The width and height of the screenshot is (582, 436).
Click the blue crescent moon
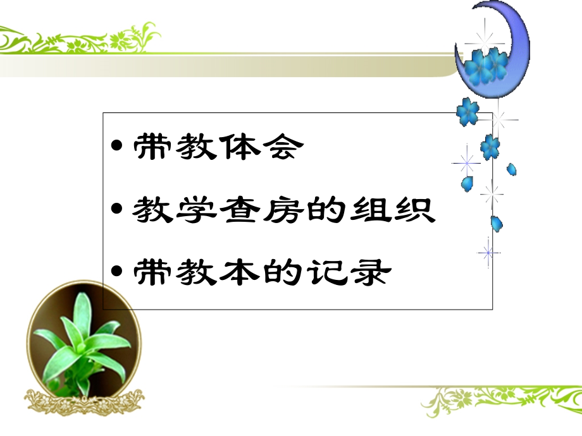click(506, 44)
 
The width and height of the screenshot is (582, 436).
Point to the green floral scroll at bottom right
click(500, 398)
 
